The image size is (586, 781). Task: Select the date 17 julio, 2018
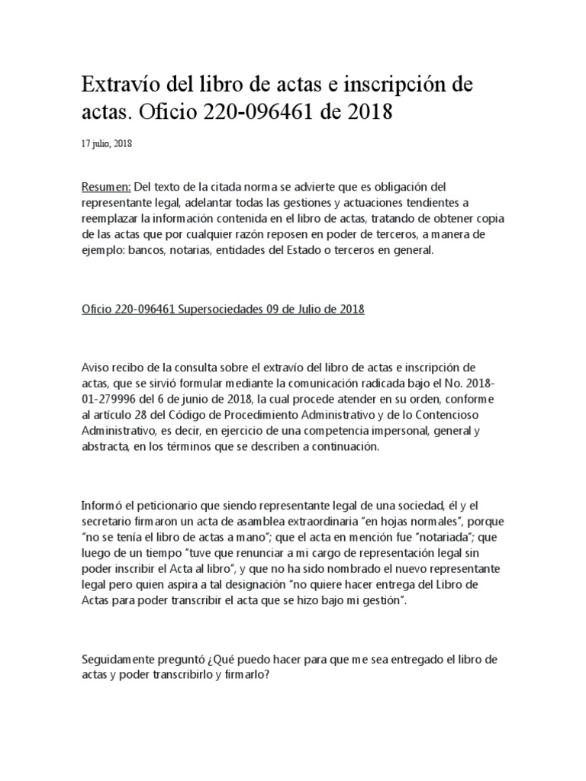pos(107,143)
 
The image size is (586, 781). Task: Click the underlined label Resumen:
pos(106,188)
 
